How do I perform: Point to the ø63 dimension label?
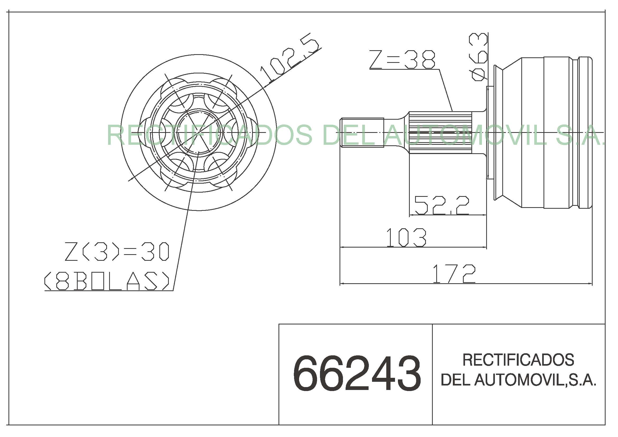coord(478,57)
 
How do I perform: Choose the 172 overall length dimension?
coord(454,274)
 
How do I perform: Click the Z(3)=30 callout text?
coord(117,252)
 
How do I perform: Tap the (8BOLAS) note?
coord(107,281)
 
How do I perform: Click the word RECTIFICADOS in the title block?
coord(518,360)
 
